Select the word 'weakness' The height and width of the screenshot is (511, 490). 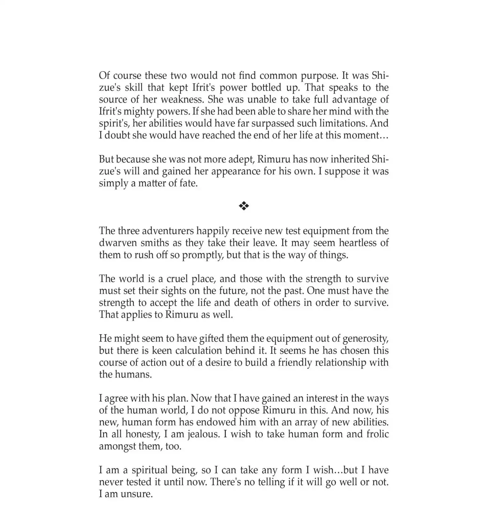182,99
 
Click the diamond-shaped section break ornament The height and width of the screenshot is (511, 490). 244,206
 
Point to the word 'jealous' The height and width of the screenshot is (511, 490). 201,434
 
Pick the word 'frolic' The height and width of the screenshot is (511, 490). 377,434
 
